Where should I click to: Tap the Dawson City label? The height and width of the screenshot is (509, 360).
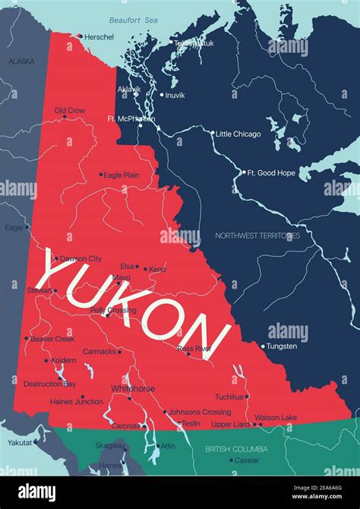[81, 259]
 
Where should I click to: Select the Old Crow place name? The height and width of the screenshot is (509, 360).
[70, 111]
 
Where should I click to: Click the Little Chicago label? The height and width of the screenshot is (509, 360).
[238, 134]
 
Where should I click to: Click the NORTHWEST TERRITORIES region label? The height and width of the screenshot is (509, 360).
[257, 236]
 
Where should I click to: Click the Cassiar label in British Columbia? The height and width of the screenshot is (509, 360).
[247, 460]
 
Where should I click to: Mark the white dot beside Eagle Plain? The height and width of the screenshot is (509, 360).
[100, 175]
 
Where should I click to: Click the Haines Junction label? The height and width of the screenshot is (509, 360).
[77, 401]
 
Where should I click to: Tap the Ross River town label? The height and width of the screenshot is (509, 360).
[194, 348]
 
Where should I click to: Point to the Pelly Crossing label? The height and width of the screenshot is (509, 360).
[113, 311]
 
